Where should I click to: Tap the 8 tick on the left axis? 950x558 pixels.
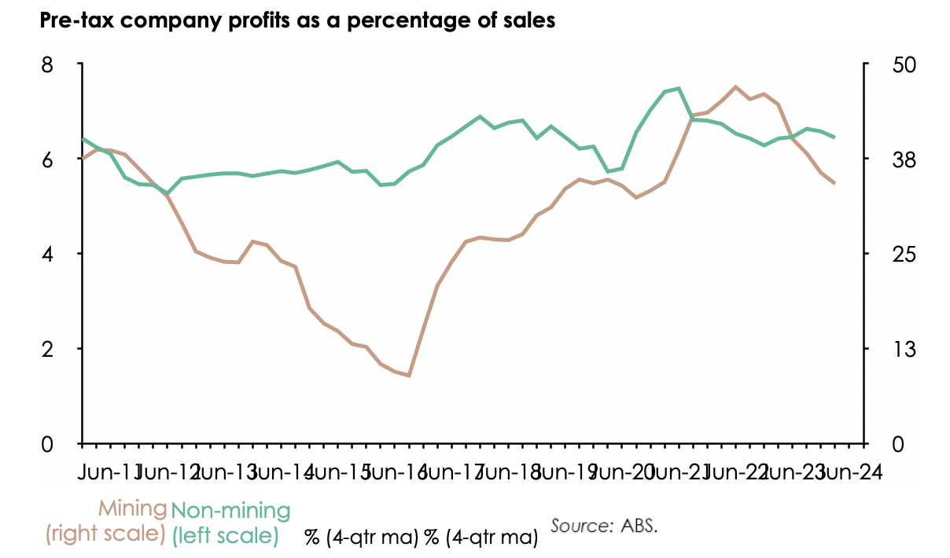pos(47,64)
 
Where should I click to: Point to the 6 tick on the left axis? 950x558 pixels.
pos(47,160)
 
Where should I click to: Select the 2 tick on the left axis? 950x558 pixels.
pos(47,349)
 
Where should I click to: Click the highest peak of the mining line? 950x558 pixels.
pos(735,86)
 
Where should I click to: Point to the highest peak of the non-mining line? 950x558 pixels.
pos(678,88)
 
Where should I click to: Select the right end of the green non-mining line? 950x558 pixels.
pos(834,137)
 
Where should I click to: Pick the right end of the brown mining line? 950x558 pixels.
pos(834,183)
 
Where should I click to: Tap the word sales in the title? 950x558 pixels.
pos(526,20)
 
